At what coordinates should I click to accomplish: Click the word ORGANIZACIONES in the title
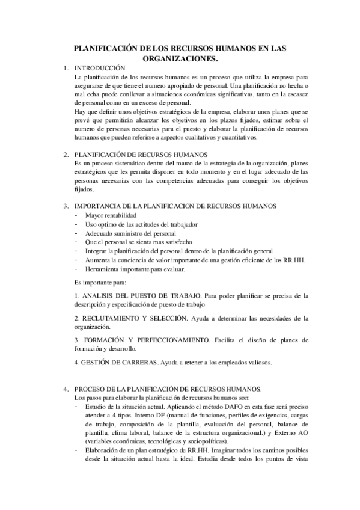coord(180,59)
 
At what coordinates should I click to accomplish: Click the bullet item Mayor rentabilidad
coord(111,215)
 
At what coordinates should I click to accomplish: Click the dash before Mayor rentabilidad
coord(76,215)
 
